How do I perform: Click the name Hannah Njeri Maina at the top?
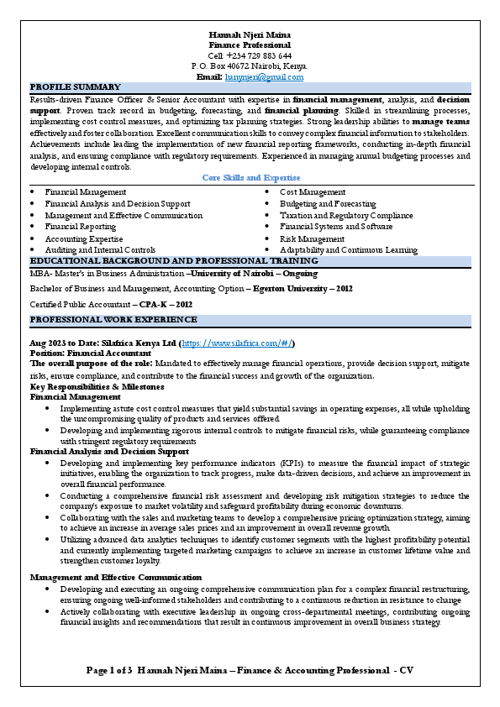point(250,34)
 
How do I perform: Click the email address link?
point(264,77)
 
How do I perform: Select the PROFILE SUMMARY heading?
point(76,87)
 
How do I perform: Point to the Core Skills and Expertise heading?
point(251,178)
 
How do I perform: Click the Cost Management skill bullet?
point(312,192)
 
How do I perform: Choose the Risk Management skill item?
point(312,238)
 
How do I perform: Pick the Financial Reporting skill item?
point(81,227)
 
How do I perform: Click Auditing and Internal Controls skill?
point(100,250)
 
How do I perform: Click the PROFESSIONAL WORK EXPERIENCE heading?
point(113,320)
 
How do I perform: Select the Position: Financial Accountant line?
point(90,354)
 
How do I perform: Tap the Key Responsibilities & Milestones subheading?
point(97,387)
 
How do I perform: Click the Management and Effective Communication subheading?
point(116,578)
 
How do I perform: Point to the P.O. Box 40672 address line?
point(250,65)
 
